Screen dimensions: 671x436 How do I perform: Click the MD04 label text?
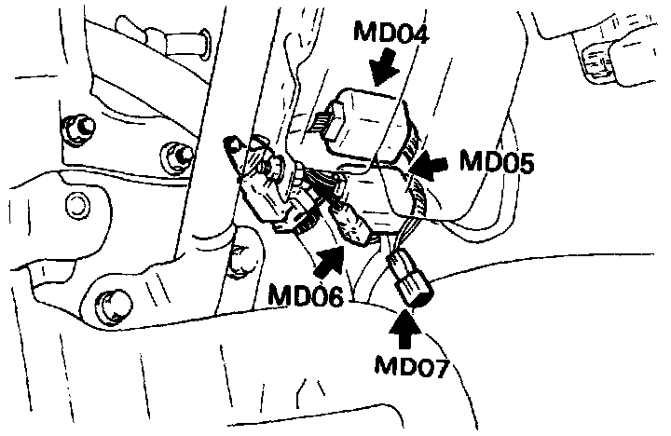tap(392, 36)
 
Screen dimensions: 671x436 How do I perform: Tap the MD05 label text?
tap(496, 165)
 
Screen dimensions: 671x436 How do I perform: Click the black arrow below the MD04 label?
tap(382, 69)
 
